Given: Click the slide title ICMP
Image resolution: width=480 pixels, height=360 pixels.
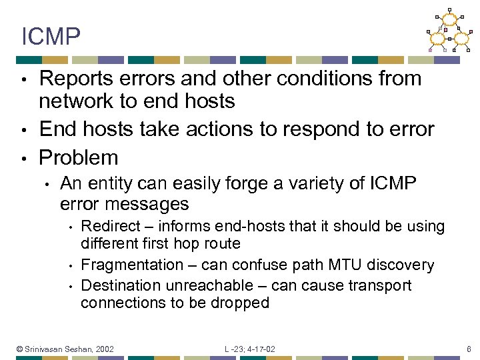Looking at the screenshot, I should click(x=51, y=37).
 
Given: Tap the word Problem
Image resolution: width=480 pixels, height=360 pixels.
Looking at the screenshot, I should click(x=79, y=158).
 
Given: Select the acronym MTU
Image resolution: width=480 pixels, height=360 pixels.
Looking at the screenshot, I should click(x=341, y=265).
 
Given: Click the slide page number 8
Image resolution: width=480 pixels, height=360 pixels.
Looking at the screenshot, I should click(x=469, y=349).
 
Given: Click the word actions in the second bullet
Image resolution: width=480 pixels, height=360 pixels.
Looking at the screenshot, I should click(x=217, y=129).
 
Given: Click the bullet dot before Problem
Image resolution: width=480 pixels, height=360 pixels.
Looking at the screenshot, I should click(x=23, y=159).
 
